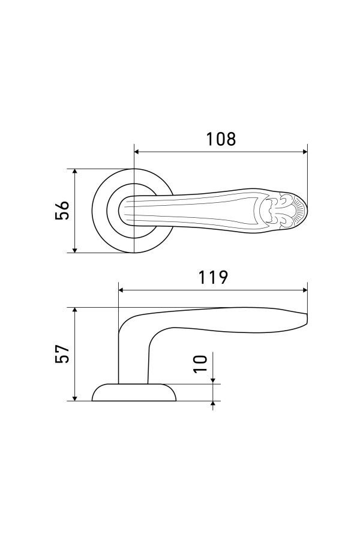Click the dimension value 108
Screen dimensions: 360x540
point(221,139)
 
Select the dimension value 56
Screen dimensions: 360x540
point(62,210)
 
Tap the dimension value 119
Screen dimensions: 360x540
point(213,277)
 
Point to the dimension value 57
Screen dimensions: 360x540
point(62,353)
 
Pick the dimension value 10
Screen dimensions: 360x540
point(200,363)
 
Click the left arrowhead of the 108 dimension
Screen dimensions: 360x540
point(137,152)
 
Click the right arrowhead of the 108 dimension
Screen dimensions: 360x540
point(304,152)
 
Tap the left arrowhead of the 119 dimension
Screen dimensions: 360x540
point(121,290)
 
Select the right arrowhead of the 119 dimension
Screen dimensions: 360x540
point(304,290)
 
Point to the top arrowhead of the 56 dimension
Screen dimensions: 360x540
point(75,172)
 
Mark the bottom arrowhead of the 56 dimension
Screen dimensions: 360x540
point(75,250)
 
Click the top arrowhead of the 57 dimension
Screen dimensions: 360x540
point(75,311)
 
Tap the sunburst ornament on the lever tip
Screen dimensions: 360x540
point(299,211)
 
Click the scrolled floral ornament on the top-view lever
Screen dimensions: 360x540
point(276,211)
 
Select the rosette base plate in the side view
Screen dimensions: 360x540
point(134,392)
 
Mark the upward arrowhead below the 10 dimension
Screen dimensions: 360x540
point(214,404)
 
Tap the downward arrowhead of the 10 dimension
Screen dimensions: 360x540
point(214,380)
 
